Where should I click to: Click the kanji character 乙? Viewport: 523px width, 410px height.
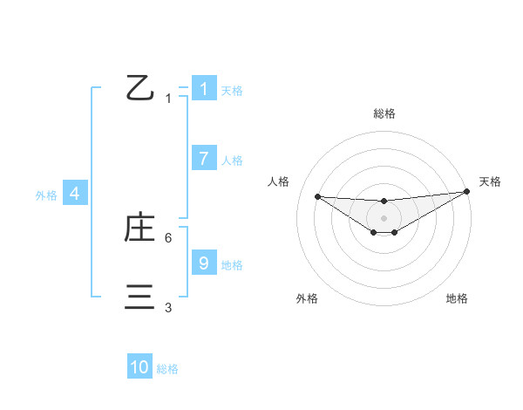pyautogui.click(x=139, y=88)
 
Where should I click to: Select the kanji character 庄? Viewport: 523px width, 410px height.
pyautogui.click(x=139, y=228)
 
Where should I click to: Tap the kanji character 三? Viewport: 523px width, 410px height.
pyautogui.click(x=139, y=297)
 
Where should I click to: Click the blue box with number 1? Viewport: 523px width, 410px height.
pyautogui.click(x=203, y=89)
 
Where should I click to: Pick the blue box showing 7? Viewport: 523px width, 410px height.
pyautogui.click(x=203, y=158)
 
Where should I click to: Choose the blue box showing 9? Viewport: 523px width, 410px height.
pyautogui.click(x=203, y=263)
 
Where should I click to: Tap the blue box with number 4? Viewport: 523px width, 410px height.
pyautogui.click(x=75, y=194)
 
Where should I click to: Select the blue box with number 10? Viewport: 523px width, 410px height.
pyautogui.click(x=139, y=367)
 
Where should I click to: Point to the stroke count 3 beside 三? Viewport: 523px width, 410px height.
pyautogui.click(x=168, y=307)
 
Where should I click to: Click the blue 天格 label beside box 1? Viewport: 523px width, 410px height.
pyautogui.click(x=231, y=91)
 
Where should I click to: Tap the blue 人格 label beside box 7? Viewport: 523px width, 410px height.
pyautogui.click(x=231, y=161)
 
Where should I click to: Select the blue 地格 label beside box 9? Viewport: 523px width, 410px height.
pyautogui.click(x=231, y=265)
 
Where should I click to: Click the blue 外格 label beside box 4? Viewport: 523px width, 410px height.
pyautogui.click(x=46, y=196)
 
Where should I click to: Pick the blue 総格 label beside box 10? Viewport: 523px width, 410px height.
pyautogui.click(x=167, y=370)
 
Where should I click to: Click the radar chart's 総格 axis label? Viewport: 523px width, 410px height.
pyautogui.click(x=384, y=113)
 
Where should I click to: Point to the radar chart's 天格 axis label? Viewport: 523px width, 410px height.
pyautogui.click(x=490, y=181)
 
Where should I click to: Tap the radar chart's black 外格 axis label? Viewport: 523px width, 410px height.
pyautogui.click(x=307, y=298)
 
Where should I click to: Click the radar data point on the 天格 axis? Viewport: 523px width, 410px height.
pyautogui.click(x=467, y=191)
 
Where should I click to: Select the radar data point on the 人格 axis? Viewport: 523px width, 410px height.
pyautogui.click(x=317, y=196)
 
